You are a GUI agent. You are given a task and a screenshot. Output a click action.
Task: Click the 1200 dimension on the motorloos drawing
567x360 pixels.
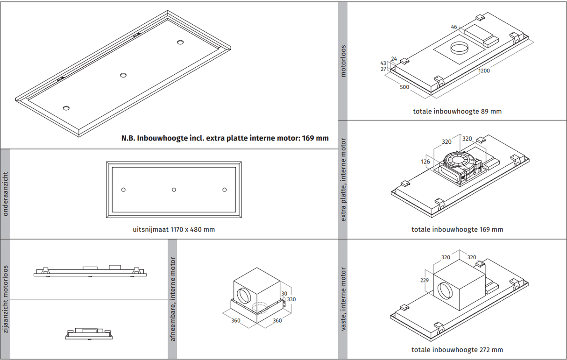(x=484, y=71)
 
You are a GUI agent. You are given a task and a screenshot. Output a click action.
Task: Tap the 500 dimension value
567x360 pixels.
(x=404, y=87)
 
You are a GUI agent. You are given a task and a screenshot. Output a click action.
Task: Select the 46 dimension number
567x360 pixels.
(x=454, y=27)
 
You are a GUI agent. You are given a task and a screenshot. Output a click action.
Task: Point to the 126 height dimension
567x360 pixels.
(x=425, y=162)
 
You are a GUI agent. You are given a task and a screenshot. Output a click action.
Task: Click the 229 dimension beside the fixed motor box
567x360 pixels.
(x=424, y=280)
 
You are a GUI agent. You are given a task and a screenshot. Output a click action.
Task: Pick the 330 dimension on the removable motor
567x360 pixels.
(x=291, y=299)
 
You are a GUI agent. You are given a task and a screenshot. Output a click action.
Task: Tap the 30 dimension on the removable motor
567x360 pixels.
(x=284, y=294)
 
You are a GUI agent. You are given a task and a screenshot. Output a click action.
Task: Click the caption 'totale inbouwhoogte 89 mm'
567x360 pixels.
(x=457, y=111)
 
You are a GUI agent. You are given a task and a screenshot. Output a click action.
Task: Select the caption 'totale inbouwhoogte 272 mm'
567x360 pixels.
(x=457, y=350)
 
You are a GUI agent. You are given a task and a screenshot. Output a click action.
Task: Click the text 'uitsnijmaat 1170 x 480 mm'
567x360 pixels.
(x=174, y=229)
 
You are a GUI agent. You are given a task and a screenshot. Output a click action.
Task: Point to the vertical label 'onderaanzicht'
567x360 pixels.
(x=5, y=194)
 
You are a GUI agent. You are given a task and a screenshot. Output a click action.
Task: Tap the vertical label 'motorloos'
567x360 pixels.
(x=343, y=61)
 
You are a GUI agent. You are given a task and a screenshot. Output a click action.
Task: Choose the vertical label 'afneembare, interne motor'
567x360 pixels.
(x=173, y=299)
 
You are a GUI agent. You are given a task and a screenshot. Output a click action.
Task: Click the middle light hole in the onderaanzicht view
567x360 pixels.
(x=174, y=190)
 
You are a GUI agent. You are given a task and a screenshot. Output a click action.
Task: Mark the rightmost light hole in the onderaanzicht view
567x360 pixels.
(x=225, y=190)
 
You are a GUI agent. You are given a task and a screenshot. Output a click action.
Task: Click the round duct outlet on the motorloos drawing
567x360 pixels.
(x=459, y=48)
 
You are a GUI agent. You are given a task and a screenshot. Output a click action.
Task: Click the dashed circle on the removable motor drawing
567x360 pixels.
(x=260, y=307)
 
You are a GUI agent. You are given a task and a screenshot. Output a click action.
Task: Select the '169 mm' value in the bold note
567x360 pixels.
(x=315, y=138)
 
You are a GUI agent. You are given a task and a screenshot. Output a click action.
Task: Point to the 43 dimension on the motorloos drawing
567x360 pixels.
(x=383, y=63)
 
